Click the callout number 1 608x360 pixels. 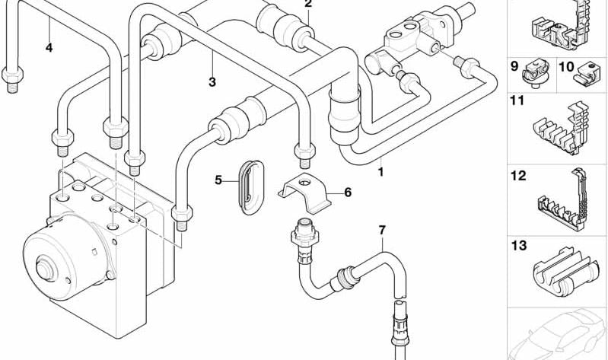click(380, 172)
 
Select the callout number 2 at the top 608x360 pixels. click(307, 4)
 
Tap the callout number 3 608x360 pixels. click(212, 81)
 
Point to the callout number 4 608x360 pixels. click(49, 48)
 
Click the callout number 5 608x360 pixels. click(218, 180)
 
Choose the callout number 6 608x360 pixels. click(348, 192)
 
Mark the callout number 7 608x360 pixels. click(382, 229)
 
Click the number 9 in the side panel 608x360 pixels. click(514, 65)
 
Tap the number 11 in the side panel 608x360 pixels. click(518, 100)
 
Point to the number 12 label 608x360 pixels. click(518, 176)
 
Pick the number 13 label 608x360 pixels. click(518, 246)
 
